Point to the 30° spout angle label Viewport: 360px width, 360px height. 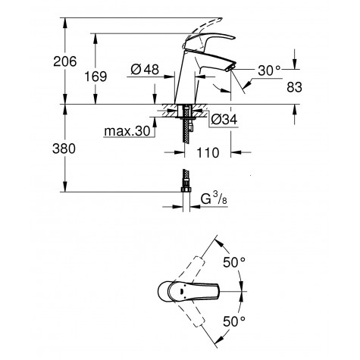[268, 70]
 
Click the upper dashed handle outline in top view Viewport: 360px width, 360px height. [199, 262]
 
